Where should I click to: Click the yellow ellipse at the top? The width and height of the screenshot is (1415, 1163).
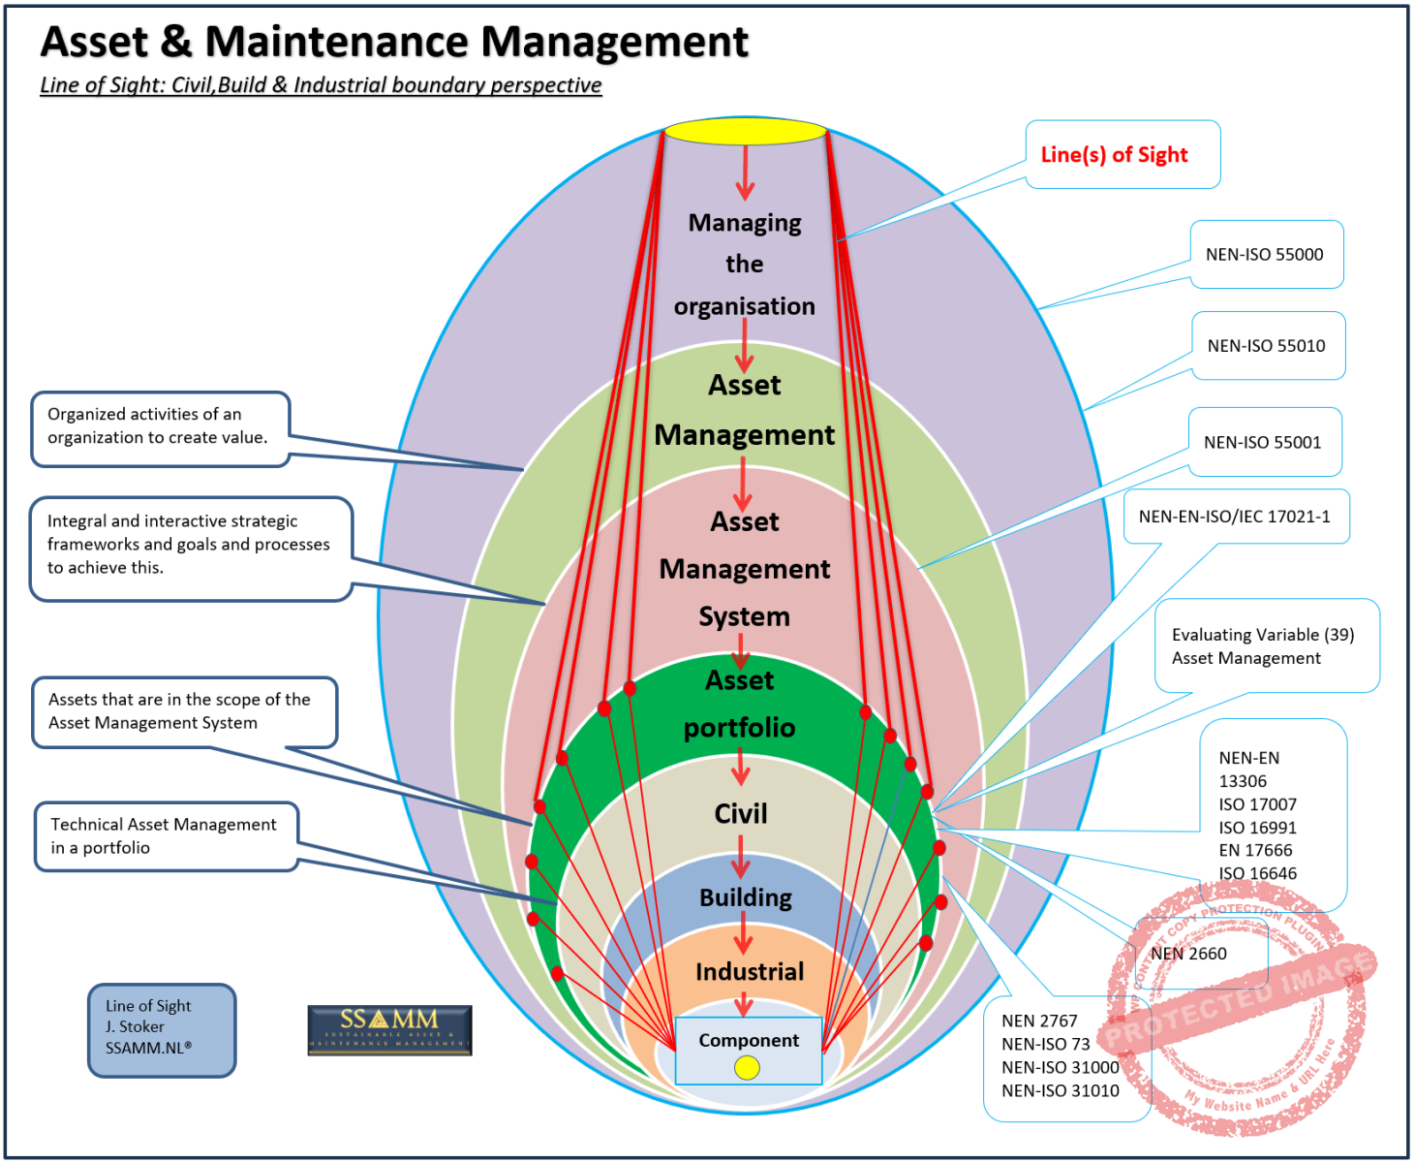pos(745,132)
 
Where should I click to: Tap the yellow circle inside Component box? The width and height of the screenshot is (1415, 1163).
pos(747,1067)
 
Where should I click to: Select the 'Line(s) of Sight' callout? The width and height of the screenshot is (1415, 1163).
pos(1122,155)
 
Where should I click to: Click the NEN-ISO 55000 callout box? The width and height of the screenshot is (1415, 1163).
pos(1266,255)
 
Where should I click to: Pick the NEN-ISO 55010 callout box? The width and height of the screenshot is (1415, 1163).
pos(1267,346)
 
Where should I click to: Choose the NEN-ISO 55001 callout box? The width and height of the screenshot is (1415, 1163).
pos(1264,443)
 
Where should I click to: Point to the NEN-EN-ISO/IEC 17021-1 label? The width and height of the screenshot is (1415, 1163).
pos(1235,517)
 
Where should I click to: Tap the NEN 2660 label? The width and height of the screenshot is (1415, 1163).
pos(1189,954)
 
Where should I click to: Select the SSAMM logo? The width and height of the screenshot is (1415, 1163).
pos(389,1029)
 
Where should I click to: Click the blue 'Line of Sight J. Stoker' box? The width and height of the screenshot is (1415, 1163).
pos(161,1029)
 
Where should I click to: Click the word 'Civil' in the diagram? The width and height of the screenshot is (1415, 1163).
pos(741,814)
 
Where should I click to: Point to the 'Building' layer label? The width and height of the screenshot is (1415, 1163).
pos(745,898)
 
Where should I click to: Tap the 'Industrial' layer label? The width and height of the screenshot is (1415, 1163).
pos(749,972)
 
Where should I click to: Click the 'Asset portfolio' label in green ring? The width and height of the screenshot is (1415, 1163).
pos(740,705)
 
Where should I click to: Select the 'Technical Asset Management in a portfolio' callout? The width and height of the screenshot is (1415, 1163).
pos(166,835)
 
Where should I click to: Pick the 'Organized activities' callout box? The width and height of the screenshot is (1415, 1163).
pos(160,427)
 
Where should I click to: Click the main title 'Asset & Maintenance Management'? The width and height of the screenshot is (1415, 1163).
pos(394,43)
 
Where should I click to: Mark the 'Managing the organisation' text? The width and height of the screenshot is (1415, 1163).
pos(745,265)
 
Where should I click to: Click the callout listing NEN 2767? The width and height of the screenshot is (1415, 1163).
pos(1061,1056)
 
